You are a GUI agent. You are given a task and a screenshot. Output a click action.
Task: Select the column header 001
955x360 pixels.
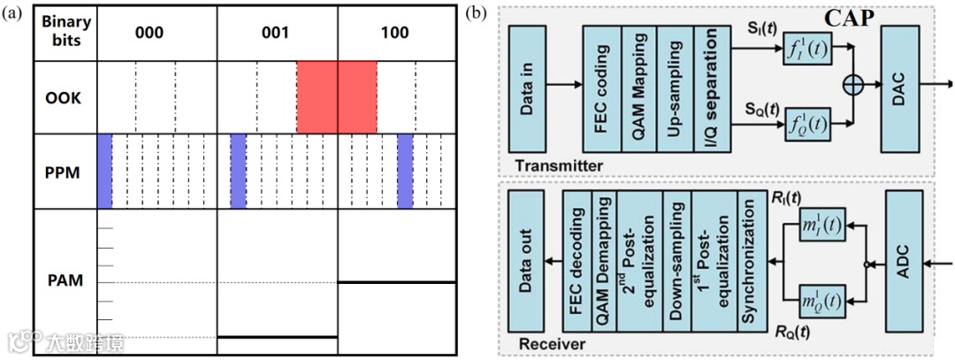pyautogui.click(x=277, y=33)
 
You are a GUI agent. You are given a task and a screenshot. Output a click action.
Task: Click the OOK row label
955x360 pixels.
pyautogui.click(x=65, y=97)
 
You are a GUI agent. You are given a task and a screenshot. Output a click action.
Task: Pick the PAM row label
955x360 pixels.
pyautogui.click(x=65, y=282)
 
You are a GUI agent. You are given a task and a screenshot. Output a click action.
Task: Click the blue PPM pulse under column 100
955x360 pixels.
pyautogui.click(x=405, y=171)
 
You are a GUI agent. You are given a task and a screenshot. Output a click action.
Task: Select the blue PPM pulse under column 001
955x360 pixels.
pyautogui.click(x=238, y=171)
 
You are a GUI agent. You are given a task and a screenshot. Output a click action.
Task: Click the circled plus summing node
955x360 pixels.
pyautogui.click(x=853, y=85)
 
